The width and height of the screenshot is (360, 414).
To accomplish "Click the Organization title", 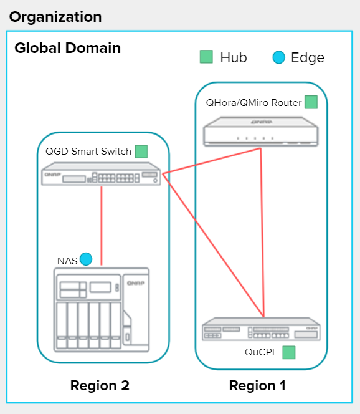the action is (x=55, y=17).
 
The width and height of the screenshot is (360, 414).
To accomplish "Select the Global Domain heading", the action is (x=67, y=48).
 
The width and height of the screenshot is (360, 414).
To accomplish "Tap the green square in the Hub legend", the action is (x=206, y=57).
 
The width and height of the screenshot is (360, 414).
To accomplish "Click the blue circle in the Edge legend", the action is (x=279, y=57).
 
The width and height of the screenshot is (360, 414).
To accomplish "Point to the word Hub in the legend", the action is (x=234, y=57).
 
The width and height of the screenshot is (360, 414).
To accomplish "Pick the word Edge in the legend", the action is (x=308, y=58).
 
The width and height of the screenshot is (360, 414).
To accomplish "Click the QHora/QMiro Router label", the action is (x=253, y=102).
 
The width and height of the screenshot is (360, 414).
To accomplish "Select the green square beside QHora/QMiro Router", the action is (x=311, y=102).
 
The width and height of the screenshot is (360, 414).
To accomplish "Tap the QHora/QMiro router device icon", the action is (x=260, y=131).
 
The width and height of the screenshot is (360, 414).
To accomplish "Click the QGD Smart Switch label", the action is (x=88, y=152).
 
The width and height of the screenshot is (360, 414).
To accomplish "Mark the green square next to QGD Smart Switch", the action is (x=141, y=152).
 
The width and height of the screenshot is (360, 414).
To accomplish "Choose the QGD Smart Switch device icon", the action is (x=102, y=174).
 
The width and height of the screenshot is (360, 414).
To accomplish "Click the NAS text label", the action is (x=67, y=261).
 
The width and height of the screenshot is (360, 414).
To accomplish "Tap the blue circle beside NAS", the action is (x=86, y=259).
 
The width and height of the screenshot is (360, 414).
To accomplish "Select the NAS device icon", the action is (x=102, y=310).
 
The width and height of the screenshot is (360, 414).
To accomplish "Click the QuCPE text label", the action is (x=261, y=352).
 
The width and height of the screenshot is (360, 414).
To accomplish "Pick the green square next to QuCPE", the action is (x=289, y=352).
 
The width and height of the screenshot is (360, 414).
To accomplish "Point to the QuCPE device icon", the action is (x=261, y=329).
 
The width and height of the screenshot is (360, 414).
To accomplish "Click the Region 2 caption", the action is (x=100, y=385).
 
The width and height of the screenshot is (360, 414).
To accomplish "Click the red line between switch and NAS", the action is (x=102, y=226).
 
